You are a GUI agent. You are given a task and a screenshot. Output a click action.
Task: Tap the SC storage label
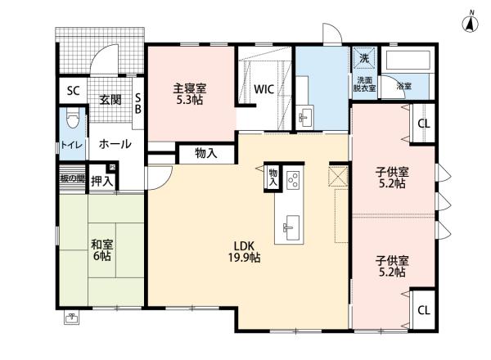pyautogui.click(x=72, y=90)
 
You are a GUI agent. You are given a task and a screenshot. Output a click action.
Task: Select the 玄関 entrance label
pyautogui.click(x=110, y=99)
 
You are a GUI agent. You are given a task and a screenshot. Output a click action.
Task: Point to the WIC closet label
pyautogui.click(x=264, y=90)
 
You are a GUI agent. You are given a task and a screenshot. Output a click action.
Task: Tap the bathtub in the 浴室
pyautogui.click(x=408, y=61)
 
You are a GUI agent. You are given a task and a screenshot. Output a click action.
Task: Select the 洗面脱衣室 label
pyautogui.click(x=365, y=84)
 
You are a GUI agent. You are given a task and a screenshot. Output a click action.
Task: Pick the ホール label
pyautogui.click(x=115, y=143)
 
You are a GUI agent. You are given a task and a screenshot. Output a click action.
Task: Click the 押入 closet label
pyautogui.click(x=102, y=180)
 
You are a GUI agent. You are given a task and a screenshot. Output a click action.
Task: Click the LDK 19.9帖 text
pyautogui.click(x=245, y=251)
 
